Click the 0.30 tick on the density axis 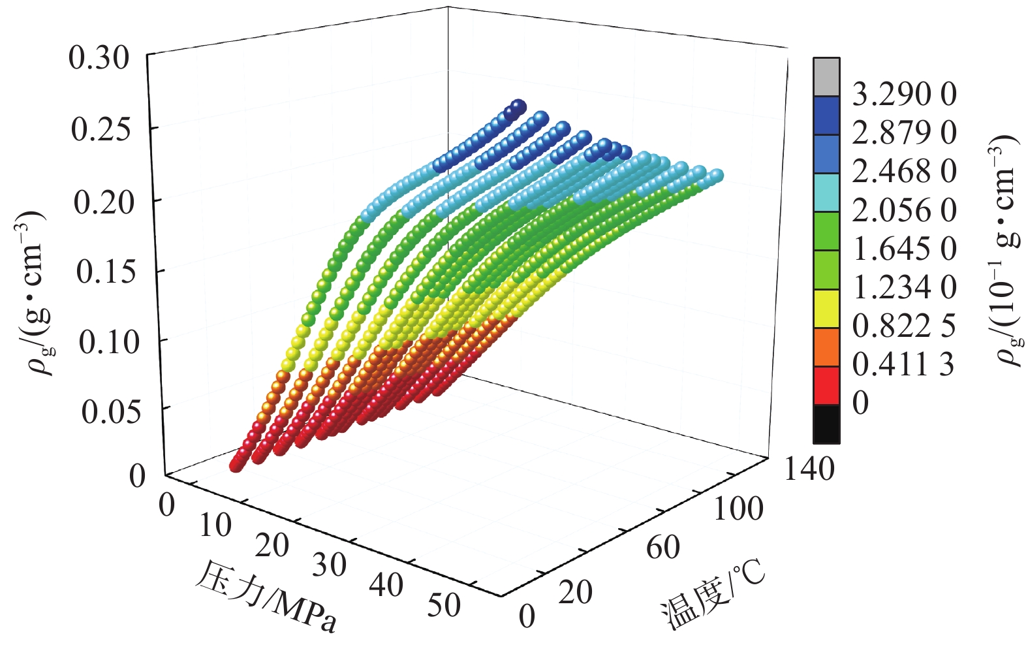tap(99, 58)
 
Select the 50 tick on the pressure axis tap(444, 605)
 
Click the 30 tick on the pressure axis tap(329, 565)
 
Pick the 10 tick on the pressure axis tap(215, 524)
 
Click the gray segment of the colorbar tap(826, 77)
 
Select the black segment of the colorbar tap(826, 424)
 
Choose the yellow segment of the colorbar tap(826, 308)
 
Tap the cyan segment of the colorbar tap(826, 193)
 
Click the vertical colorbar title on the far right tap(1005, 251)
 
